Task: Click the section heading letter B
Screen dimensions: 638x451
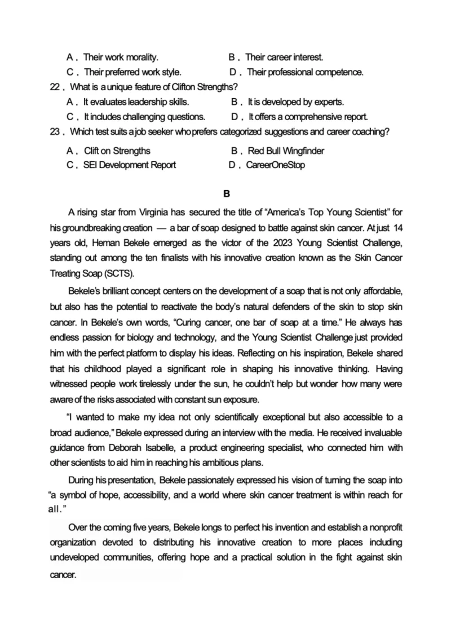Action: click(x=227, y=194)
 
